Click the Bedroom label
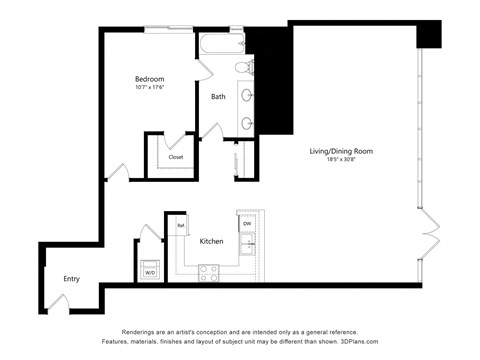(x=150, y=78)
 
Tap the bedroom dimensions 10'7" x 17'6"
(x=150, y=87)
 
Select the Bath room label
(x=218, y=97)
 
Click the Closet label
(x=175, y=157)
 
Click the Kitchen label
(x=211, y=242)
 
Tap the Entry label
(x=72, y=279)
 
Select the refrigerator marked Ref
(x=181, y=226)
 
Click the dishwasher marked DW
(x=247, y=224)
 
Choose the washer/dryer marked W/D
(x=150, y=271)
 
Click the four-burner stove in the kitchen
(x=209, y=272)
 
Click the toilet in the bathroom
(x=242, y=68)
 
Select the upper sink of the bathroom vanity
(x=246, y=97)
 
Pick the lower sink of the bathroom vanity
(x=246, y=123)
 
